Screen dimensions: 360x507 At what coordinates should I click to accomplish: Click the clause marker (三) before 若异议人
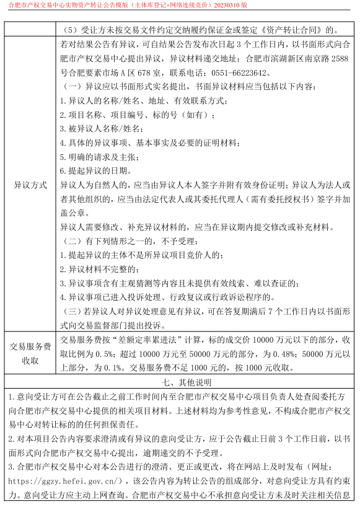(74, 311)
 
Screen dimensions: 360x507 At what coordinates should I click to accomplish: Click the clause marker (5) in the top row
(72, 29)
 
